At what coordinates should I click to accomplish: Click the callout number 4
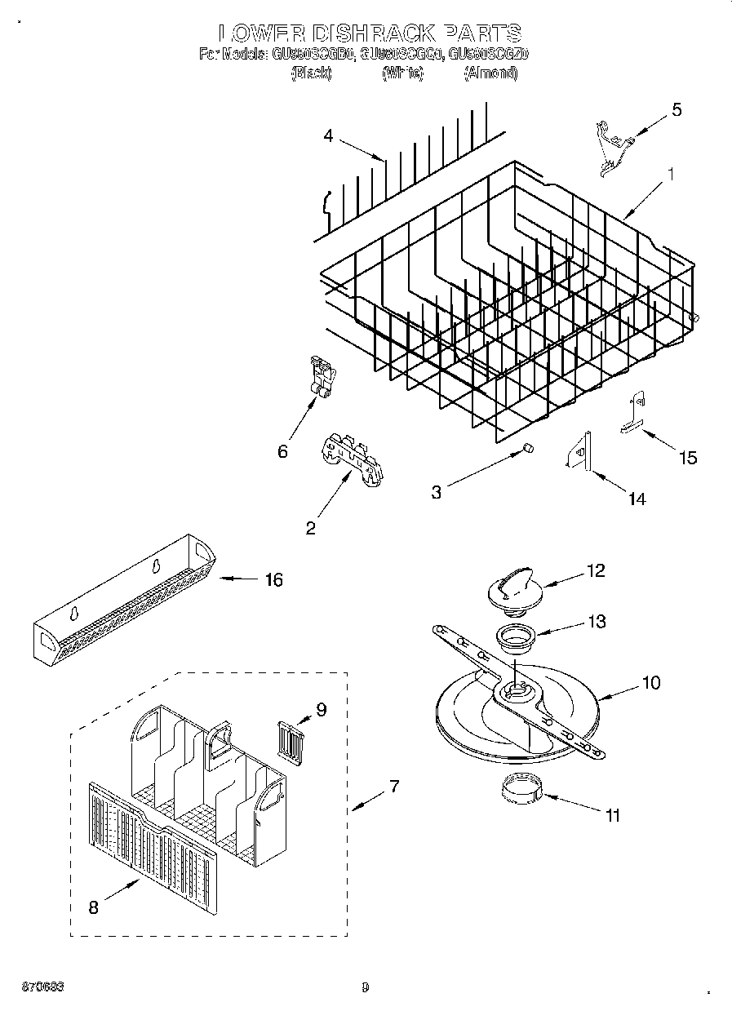328,136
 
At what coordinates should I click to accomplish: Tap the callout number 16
273,579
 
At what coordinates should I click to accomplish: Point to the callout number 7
394,787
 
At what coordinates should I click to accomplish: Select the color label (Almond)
490,73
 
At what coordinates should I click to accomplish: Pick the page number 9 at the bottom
366,987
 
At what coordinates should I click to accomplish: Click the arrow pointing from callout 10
620,692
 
